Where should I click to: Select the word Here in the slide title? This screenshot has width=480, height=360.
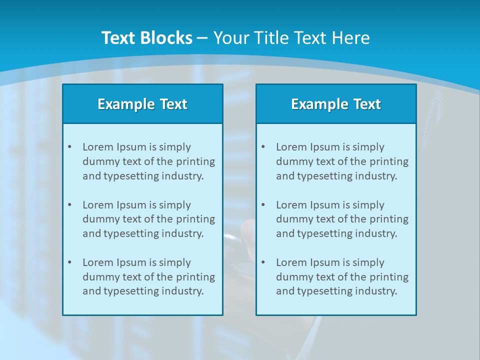(x=351, y=38)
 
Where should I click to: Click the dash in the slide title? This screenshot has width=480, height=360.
(x=202, y=38)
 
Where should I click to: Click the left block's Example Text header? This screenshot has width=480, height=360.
(x=142, y=104)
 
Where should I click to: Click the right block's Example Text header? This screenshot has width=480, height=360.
(x=336, y=104)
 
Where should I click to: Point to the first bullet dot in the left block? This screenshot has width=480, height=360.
(x=69, y=147)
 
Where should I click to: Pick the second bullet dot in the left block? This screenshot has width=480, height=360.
(x=69, y=205)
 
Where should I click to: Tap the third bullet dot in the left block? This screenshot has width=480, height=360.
(x=69, y=262)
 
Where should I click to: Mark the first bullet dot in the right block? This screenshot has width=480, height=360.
(x=263, y=147)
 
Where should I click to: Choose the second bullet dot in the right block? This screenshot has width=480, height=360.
(x=263, y=205)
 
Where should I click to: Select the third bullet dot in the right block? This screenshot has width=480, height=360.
(x=263, y=262)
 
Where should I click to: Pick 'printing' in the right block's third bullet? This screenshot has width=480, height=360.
(x=389, y=277)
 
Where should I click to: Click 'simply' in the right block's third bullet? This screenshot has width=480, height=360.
(x=368, y=263)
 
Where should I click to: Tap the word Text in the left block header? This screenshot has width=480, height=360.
(x=173, y=104)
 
